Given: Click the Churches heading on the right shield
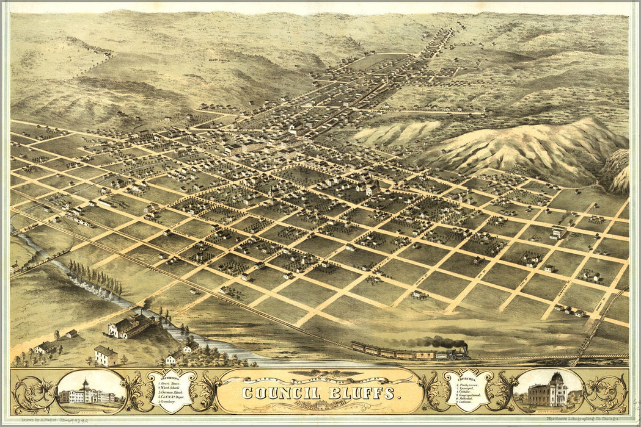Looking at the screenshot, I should tap(467, 378).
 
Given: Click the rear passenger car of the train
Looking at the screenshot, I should tap(361, 347).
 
